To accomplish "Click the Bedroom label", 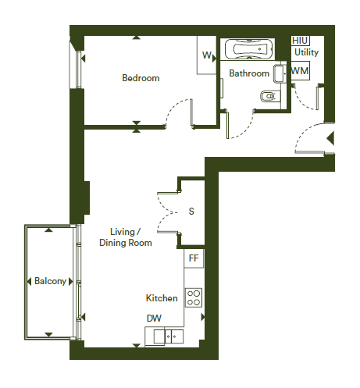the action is [x=141, y=78].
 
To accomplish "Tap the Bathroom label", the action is [x=249, y=73].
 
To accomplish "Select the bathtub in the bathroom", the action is [x=248, y=49].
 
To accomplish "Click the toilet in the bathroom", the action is [x=270, y=96].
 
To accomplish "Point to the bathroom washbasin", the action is [x=280, y=74].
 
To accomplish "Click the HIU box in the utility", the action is [x=300, y=41].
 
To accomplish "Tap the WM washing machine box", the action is [x=300, y=70].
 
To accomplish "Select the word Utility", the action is [x=306, y=52].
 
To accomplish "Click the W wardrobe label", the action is [x=207, y=55].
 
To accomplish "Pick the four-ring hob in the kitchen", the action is [x=194, y=297].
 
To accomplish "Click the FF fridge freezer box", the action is [x=194, y=258].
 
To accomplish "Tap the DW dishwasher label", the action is [x=154, y=319].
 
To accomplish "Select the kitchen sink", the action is [x=169, y=336].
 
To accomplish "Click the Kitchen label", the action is [x=162, y=298].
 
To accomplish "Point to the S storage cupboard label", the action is [x=191, y=212].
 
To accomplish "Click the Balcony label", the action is [x=50, y=281].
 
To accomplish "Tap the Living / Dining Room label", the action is [x=126, y=237].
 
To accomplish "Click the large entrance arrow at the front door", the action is [x=330, y=138].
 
